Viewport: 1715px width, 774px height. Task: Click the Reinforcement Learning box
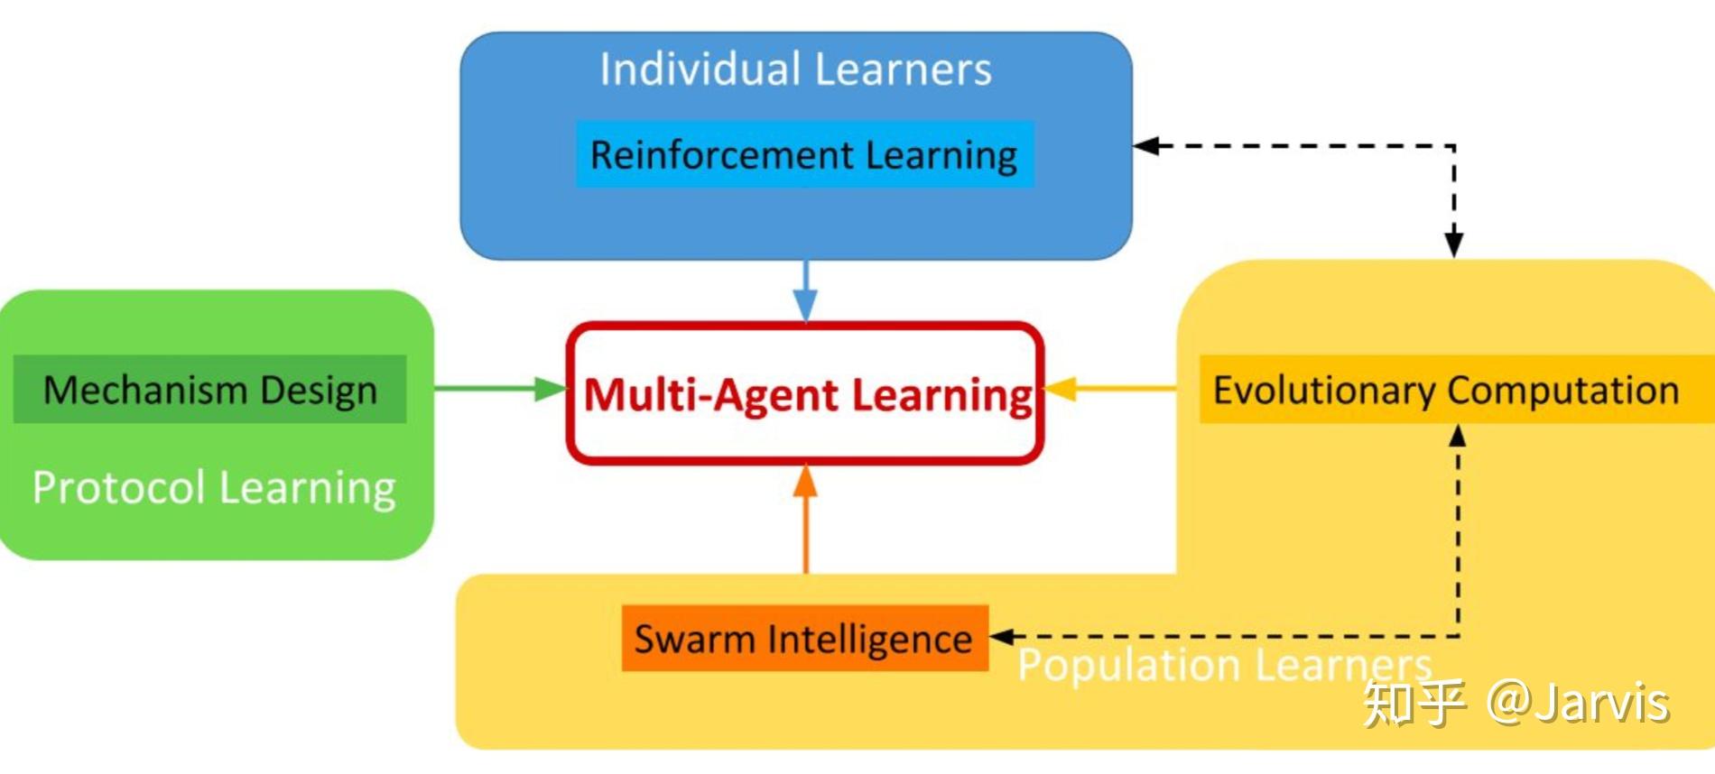803,155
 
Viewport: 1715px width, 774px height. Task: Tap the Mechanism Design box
209,390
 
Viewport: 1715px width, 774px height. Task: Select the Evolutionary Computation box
1446,390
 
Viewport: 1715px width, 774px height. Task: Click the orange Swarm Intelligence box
803,639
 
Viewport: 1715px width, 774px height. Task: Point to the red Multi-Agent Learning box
805,394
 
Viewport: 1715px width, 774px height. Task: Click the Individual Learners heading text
795,69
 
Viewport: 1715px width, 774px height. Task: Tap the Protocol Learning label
214,487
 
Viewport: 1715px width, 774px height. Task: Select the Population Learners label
1224,666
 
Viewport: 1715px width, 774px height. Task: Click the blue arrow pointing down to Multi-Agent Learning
805,293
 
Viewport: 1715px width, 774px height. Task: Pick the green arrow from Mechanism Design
501,389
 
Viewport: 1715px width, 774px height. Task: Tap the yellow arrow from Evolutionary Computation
1110,389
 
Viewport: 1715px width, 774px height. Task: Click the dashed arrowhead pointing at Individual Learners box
1147,146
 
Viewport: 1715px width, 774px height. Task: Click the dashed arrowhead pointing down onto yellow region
1453,244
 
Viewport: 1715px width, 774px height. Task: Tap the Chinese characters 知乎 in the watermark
1413,703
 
